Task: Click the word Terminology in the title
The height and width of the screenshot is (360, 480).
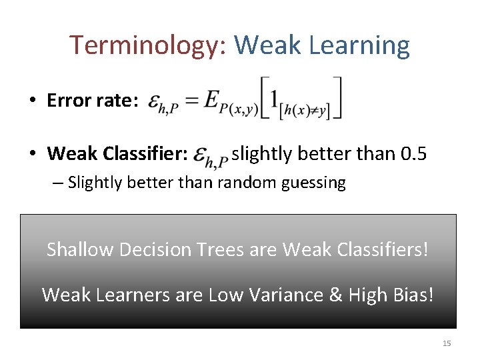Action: click(149, 45)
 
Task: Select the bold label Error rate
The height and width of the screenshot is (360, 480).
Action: click(93, 101)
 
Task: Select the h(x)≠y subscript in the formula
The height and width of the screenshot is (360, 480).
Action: click(305, 109)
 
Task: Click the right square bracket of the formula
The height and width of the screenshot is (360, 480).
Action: click(338, 98)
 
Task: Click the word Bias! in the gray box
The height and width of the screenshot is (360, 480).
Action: click(412, 294)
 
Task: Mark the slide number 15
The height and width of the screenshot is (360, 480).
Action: click(447, 343)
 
